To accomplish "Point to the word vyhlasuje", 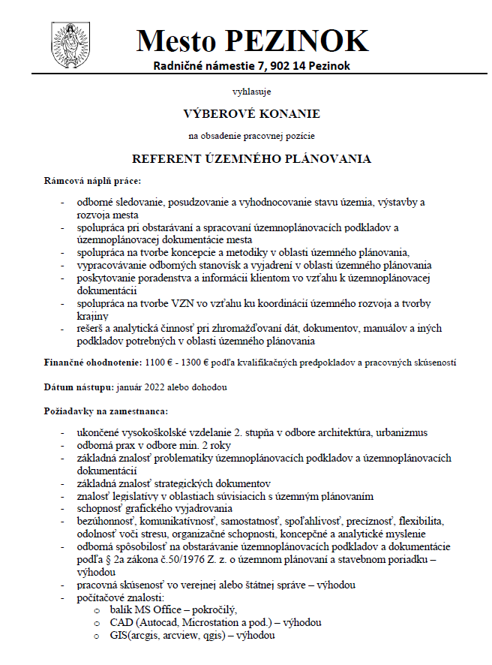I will pyautogui.click(x=251, y=92).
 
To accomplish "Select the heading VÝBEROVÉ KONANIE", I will pyautogui.click(x=251, y=114).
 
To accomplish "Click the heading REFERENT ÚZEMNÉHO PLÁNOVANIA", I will pyautogui.click(x=252, y=159).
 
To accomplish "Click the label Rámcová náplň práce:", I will pyautogui.click(x=93, y=181).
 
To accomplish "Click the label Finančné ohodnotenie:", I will pyautogui.click(x=93, y=363).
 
